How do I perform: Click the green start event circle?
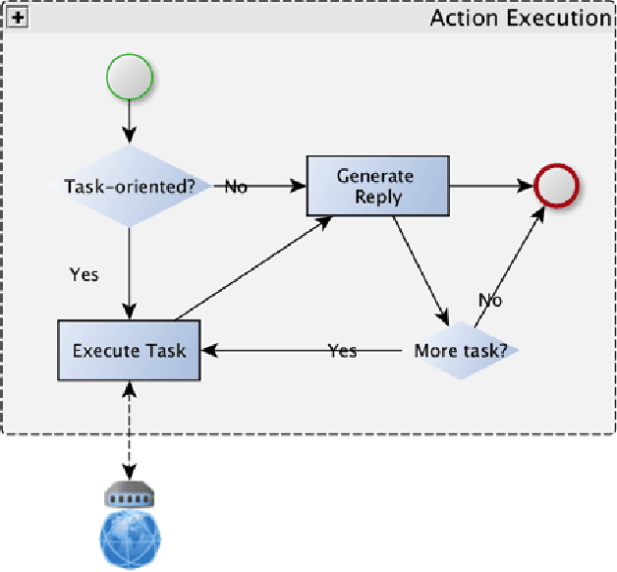(x=129, y=78)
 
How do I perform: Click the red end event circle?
(x=556, y=185)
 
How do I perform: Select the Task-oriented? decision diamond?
(x=129, y=186)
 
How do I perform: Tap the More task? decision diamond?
(x=460, y=351)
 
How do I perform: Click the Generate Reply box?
(x=376, y=185)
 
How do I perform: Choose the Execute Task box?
(x=129, y=350)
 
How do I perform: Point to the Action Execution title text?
(x=520, y=18)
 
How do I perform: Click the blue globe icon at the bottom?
(x=130, y=538)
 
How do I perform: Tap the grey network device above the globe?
(x=130, y=495)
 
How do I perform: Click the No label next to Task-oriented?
(x=236, y=187)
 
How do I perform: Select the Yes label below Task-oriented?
(x=84, y=274)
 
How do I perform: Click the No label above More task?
(x=490, y=300)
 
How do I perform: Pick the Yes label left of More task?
(x=342, y=351)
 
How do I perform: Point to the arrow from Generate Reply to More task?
(x=421, y=270)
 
